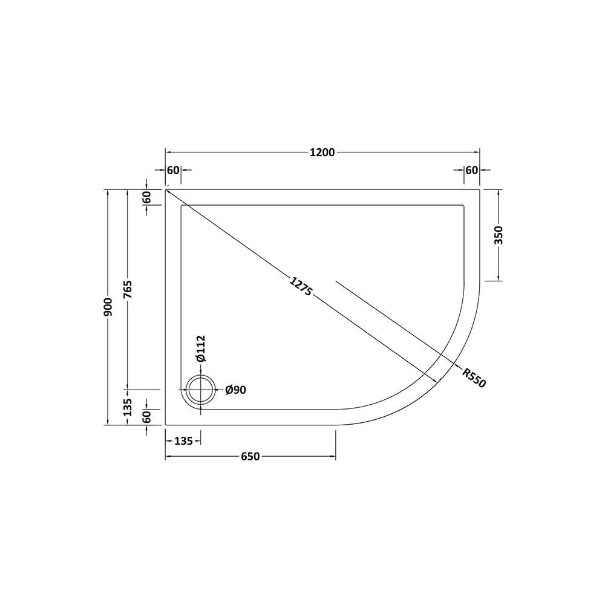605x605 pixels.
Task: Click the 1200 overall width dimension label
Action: pyautogui.click(x=322, y=152)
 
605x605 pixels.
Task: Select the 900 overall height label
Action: pyautogui.click(x=107, y=307)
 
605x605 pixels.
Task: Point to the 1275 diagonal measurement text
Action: pyautogui.click(x=301, y=286)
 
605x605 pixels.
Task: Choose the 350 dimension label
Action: pyautogui.click(x=499, y=235)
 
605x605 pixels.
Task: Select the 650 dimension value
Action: pyautogui.click(x=250, y=457)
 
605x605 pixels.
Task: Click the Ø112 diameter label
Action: pyautogui.click(x=201, y=348)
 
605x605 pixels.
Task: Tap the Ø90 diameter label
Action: pyautogui.click(x=235, y=390)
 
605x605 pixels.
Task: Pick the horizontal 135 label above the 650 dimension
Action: pyautogui.click(x=183, y=441)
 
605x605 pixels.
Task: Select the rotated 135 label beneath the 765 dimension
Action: pyautogui.click(x=128, y=407)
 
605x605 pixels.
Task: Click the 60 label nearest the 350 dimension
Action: pyautogui.click(x=472, y=171)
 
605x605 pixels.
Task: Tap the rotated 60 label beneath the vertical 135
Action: pyautogui.click(x=146, y=416)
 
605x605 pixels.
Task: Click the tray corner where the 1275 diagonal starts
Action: pyautogui.click(x=166, y=189)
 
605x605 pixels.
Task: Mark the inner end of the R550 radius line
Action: pyautogui.click(x=336, y=281)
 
